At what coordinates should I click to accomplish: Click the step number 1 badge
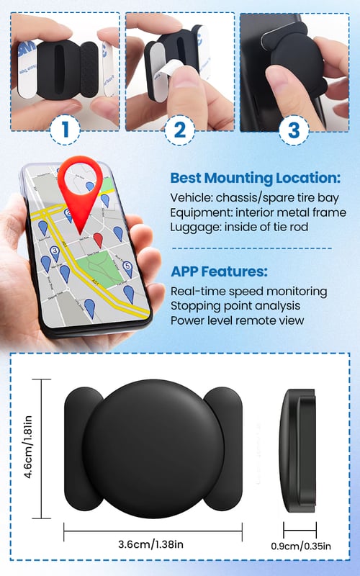point(65,130)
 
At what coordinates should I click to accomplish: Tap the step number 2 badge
point(179,130)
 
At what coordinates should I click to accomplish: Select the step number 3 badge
point(294,130)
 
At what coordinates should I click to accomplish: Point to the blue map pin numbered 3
point(55,253)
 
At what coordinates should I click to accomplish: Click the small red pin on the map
point(98,240)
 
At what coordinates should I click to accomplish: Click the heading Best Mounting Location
point(256,178)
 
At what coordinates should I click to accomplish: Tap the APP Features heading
point(220,271)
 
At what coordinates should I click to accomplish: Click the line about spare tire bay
point(254,198)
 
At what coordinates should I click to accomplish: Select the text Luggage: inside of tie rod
point(239,227)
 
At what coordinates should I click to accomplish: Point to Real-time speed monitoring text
point(248,292)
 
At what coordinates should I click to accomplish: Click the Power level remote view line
point(237,320)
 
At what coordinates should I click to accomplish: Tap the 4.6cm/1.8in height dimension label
point(28,446)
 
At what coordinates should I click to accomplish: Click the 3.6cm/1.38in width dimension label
point(150,544)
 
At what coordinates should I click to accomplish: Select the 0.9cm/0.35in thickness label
point(301,546)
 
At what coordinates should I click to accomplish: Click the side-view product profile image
point(297,451)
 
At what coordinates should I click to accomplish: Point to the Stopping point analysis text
point(235,306)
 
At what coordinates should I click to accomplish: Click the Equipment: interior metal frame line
point(258,212)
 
